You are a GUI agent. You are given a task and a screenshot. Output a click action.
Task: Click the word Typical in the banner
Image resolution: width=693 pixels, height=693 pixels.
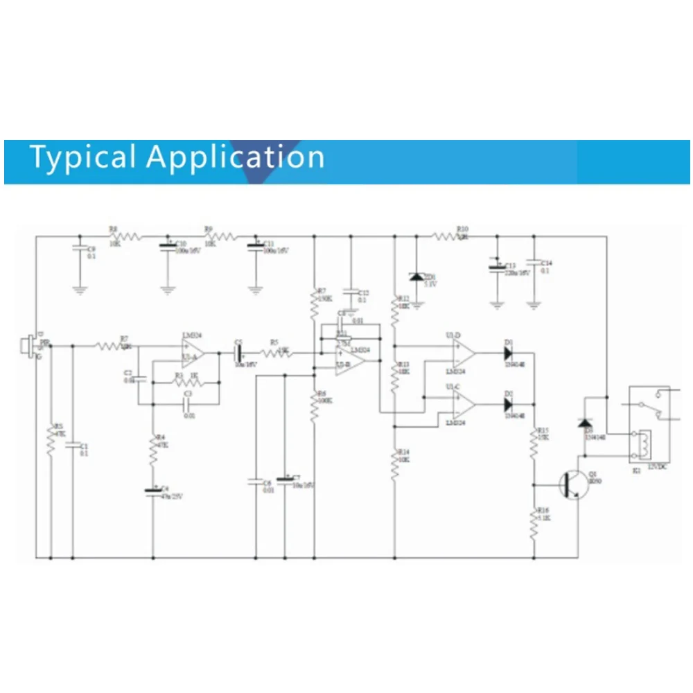82,157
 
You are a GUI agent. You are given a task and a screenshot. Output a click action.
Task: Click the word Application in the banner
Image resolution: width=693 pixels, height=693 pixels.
236,157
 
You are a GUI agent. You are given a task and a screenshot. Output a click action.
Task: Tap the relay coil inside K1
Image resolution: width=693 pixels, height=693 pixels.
644,444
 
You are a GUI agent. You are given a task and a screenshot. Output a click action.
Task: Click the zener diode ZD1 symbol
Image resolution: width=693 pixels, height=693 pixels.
416,277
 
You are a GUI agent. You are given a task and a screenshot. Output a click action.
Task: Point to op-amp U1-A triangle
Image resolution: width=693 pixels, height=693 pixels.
192,353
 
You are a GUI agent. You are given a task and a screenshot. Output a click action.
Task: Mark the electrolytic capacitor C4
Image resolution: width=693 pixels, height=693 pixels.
153,491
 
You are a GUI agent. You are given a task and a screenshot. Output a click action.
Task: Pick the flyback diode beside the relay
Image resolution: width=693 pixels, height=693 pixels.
586,423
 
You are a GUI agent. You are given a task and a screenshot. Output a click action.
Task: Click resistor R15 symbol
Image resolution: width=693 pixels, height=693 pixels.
534,444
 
